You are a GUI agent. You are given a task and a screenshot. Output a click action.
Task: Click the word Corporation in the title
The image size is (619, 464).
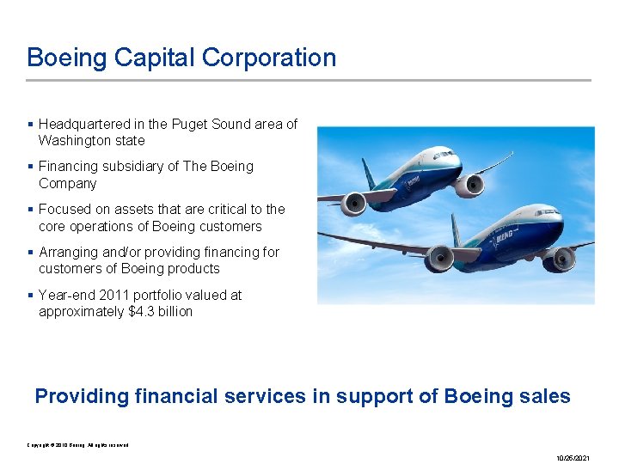(x=269, y=58)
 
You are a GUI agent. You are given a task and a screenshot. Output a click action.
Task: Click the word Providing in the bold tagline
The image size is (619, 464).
(x=81, y=396)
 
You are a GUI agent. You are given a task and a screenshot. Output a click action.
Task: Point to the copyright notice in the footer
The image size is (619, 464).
(x=77, y=444)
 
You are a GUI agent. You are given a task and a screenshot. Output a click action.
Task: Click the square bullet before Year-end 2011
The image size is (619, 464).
(x=31, y=295)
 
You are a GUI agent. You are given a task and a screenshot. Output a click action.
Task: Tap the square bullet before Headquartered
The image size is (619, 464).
(x=31, y=124)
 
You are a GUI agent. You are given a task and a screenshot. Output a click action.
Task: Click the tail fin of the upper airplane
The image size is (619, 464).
(x=368, y=172)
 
